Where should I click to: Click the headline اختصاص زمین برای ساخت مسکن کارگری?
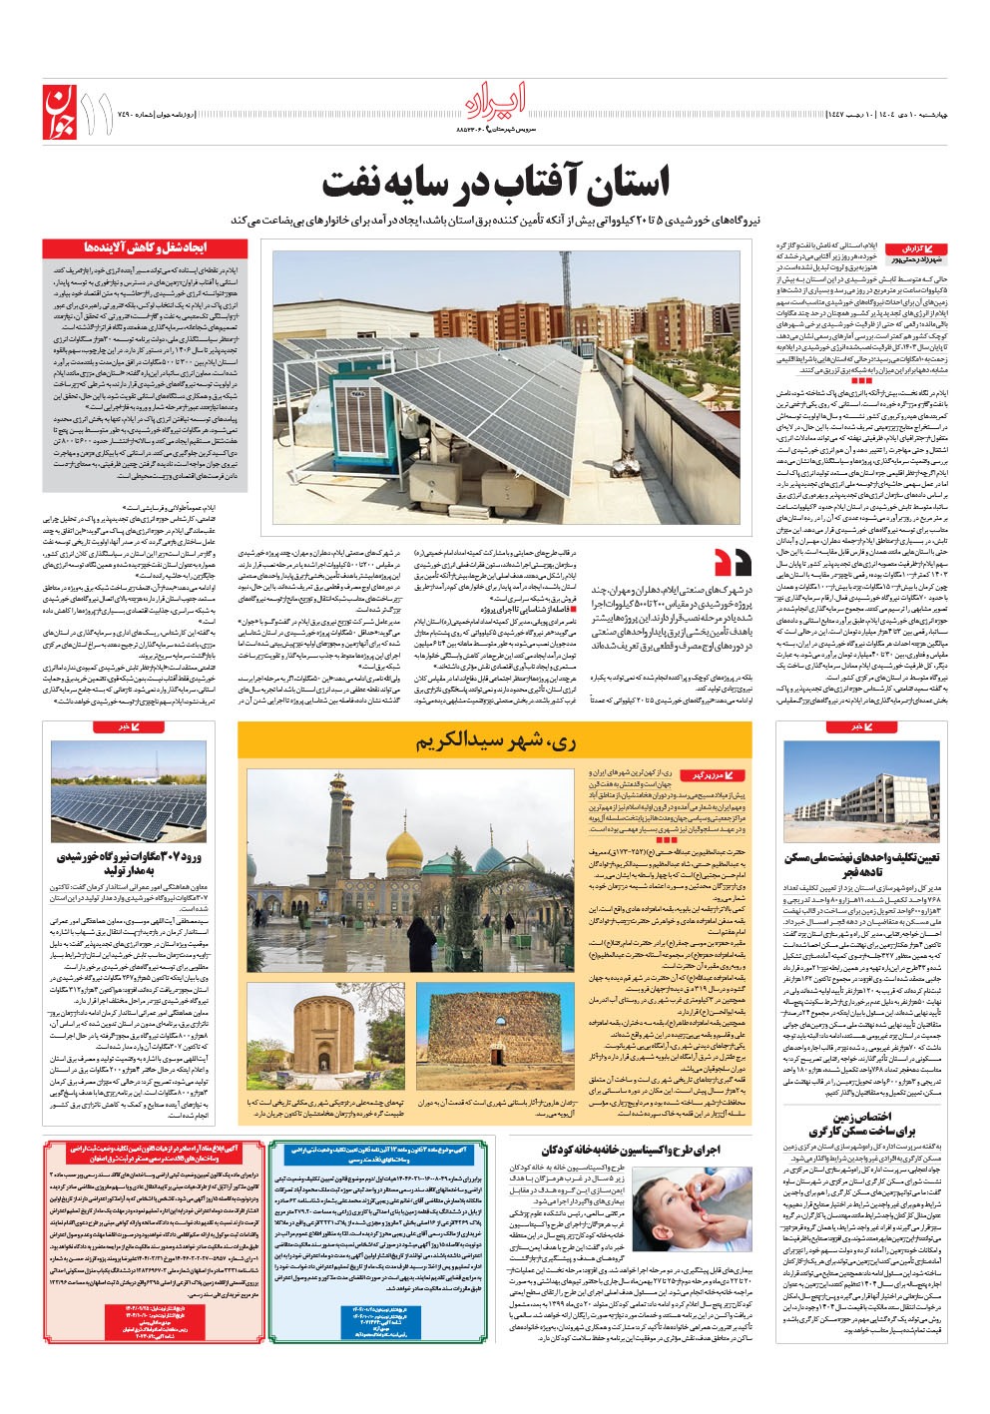coord(861,1124)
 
